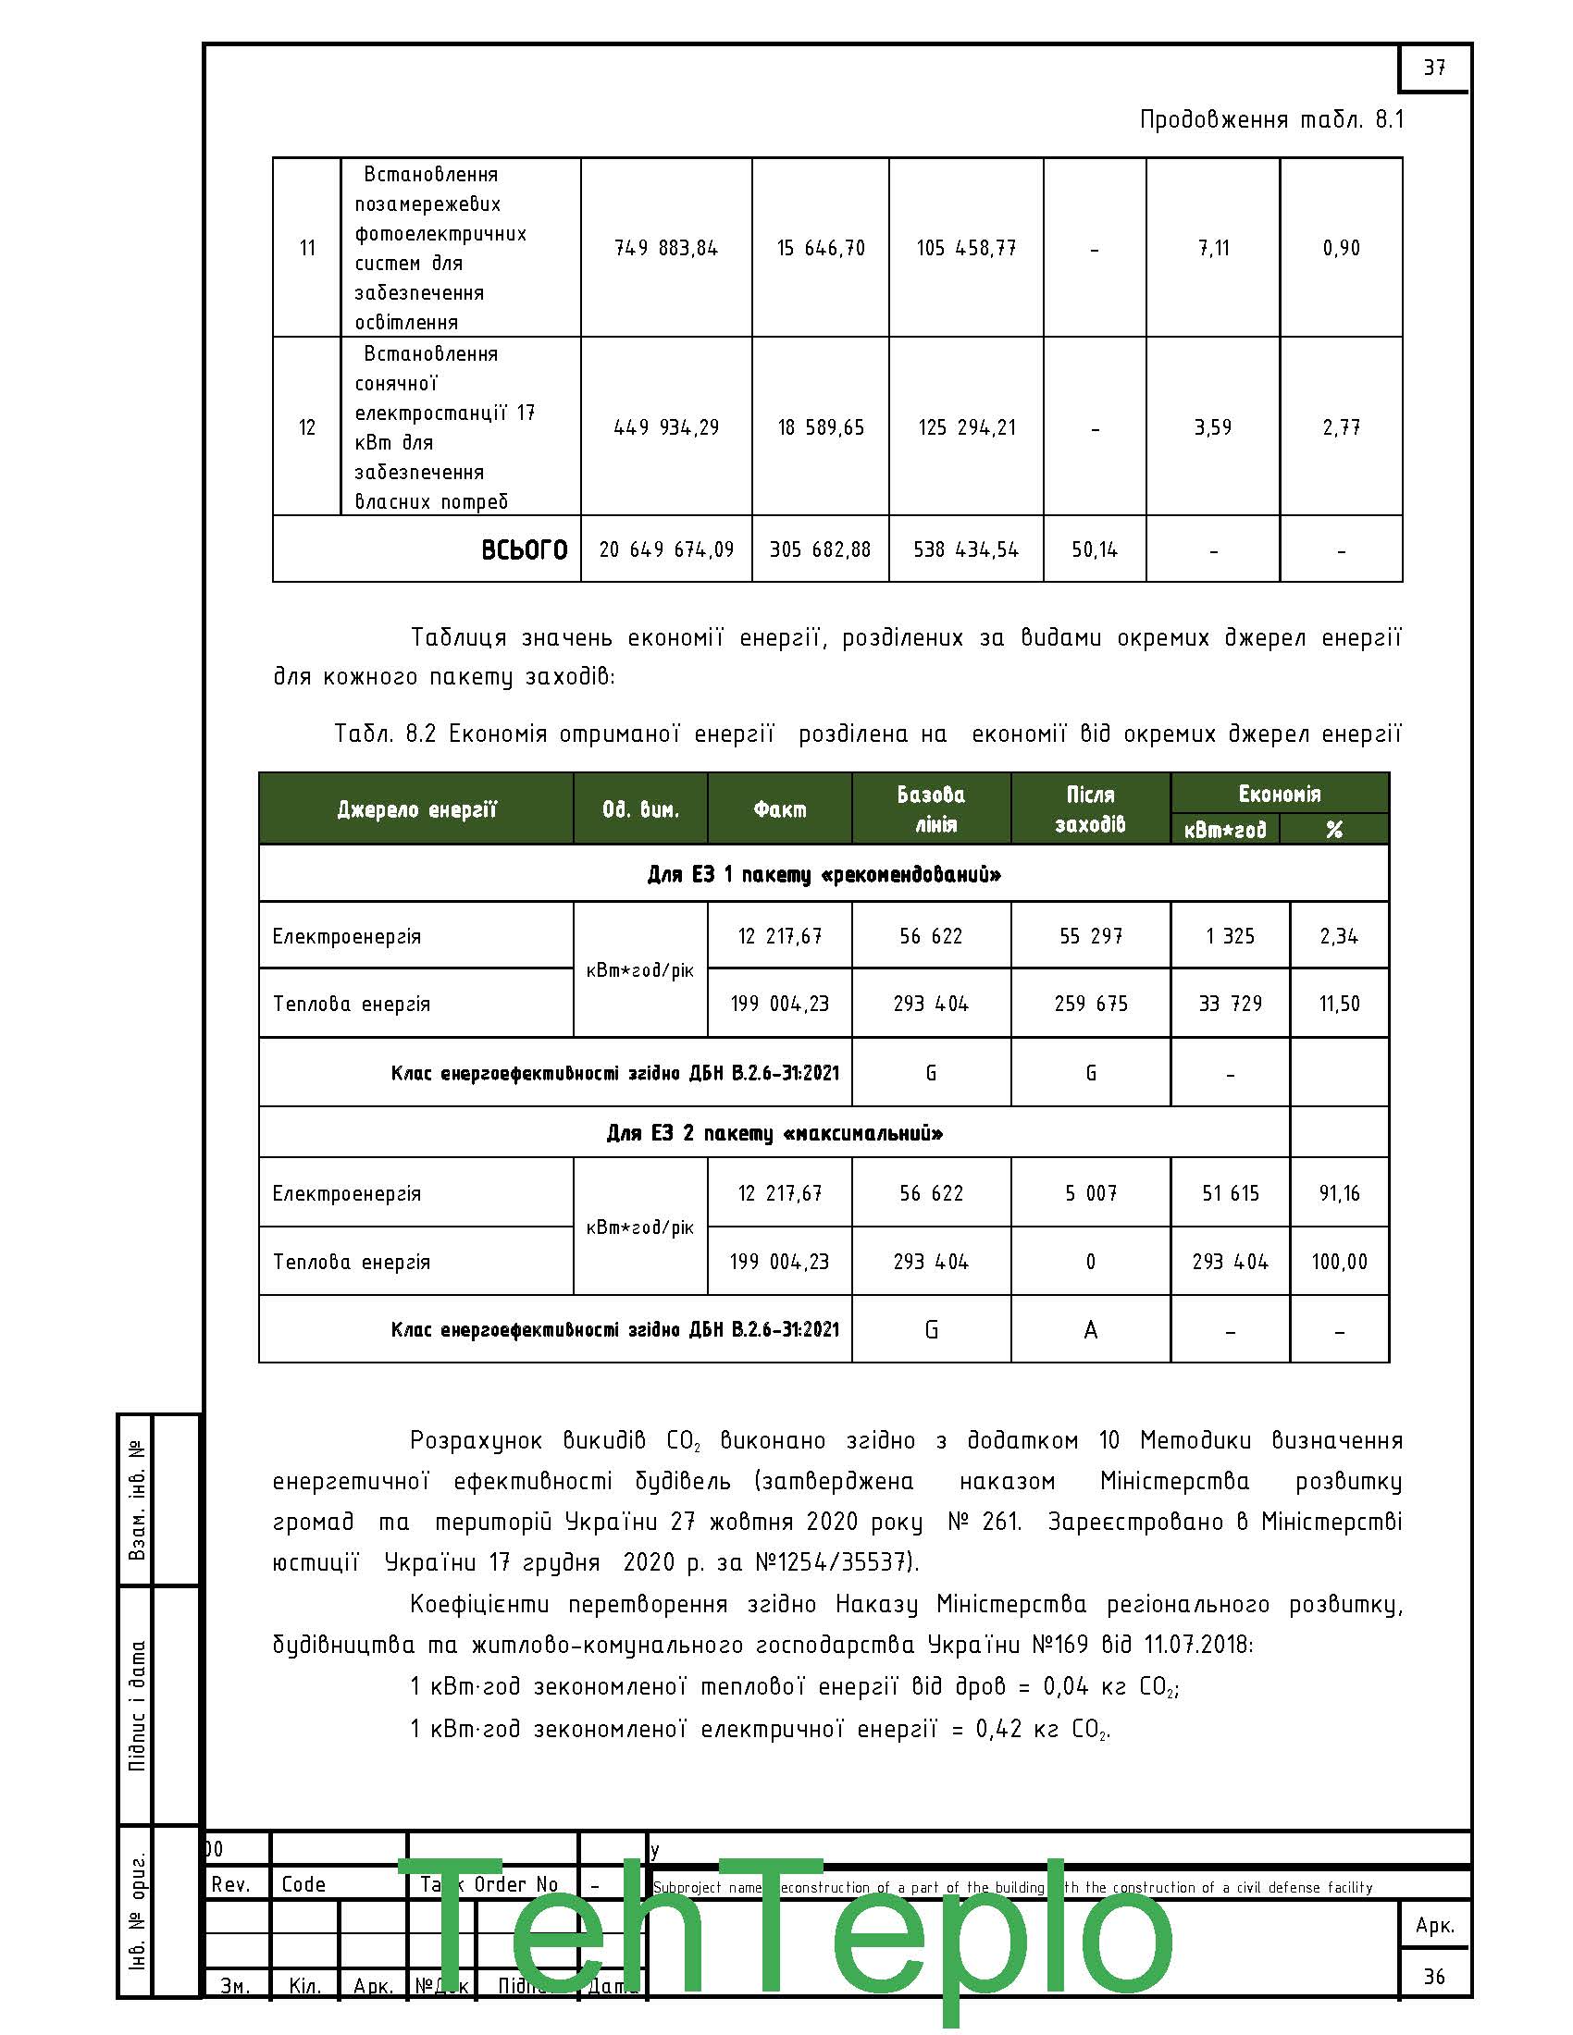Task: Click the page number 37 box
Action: point(1433,68)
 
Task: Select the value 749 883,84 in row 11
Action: point(665,248)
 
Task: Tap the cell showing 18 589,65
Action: point(820,427)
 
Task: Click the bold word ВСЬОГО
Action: point(524,549)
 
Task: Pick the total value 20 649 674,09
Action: point(665,549)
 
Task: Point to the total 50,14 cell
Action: point(1094,549)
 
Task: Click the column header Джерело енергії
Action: point(415,808)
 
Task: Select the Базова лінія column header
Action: point(930,808)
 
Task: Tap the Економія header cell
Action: point(1279,794)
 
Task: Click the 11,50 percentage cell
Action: point(1339,1004)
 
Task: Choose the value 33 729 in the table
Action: point(1230,1004)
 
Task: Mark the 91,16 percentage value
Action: point(1339,1193)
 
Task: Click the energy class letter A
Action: point(1090,1329)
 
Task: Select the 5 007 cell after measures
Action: point(1090,1193)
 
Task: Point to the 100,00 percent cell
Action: point(1339,1262)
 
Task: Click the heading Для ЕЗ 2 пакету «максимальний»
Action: point(774,1133)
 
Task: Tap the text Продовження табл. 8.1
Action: point(1271,120)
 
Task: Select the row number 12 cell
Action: point(306,427)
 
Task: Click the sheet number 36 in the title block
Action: point(1433,1977)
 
